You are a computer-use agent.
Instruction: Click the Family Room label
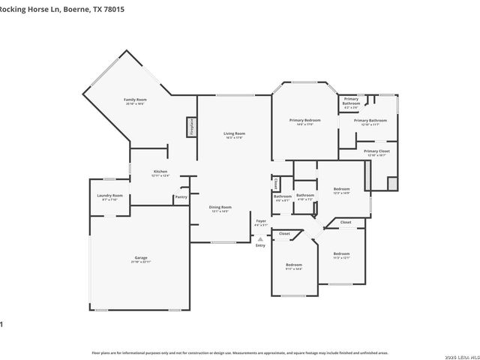click(x=135, y=100)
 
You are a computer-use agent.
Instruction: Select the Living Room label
click(x=234, y=133)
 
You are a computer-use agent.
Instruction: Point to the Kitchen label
click(x=160, y=172)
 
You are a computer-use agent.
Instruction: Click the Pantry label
click(x=181, y=197)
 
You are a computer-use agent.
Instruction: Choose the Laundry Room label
click(x=109, y=196)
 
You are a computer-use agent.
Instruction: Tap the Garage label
click(x=141, y=258)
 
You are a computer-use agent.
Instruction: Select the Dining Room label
click(x=220, y=207)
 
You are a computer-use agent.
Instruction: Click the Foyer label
click(x=261, y=221)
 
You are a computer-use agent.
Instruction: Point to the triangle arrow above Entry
click(x=260, y=238)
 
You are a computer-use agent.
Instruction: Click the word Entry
click(x=260, y=245)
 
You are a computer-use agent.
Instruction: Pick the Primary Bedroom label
click(x=305, y=120)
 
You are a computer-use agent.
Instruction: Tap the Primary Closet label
click(x=376, y=151)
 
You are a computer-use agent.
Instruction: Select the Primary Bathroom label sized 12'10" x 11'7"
click(x=370, y=120)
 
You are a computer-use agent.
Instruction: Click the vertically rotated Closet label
click(x=276, y=184)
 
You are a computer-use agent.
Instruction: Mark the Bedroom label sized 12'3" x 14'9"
click(x=341, y=189)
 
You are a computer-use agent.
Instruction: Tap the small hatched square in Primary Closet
click(x=392, y=183)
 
